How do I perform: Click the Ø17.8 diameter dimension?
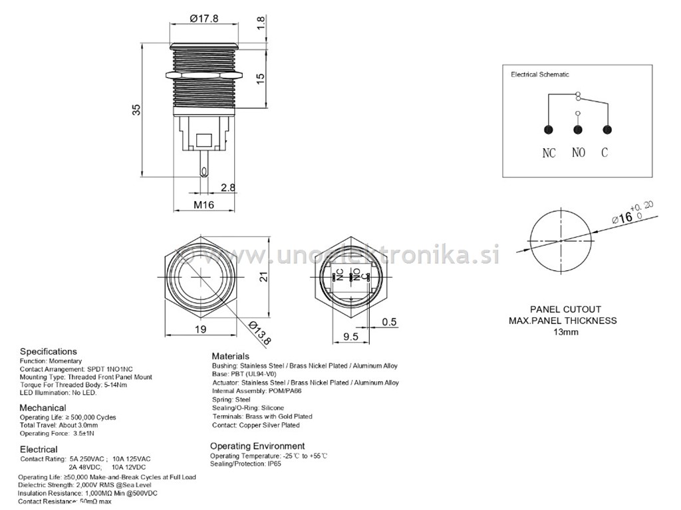coord(204,19)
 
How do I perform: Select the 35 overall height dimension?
coord(136,110)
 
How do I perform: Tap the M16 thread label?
coord(204,205)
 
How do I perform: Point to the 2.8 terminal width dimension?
coord(228,188)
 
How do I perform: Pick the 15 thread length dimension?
coord(261,76)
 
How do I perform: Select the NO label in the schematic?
coord(579,153)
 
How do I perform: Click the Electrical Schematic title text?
coord(539,75)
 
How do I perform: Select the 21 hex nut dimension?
coord(263,278)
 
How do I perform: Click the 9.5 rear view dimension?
coord(351,336)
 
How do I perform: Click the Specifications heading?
coord(48,351)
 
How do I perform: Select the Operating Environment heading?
coord(257,446)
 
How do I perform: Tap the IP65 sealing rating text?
coord(273,464)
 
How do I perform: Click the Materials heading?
coord(230,357)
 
